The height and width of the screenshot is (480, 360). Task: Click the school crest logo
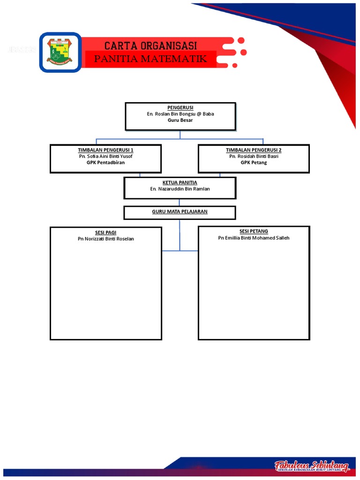[x=60, y=52]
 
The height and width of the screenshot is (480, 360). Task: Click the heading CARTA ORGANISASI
[x=150, y=45]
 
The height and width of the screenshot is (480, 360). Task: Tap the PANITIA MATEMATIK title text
[x=150, y=59]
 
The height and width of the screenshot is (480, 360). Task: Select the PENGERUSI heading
[x=180, y=108]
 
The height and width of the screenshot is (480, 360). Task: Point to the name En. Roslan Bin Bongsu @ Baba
[x=180, y=114]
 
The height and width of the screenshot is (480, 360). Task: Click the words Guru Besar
[x=180, y=120]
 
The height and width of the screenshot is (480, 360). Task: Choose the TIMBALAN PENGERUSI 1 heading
[x=105, y=150]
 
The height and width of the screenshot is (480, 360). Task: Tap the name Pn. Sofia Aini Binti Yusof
[x=105, y=156]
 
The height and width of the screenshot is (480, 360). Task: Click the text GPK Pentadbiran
[x=105, y=162]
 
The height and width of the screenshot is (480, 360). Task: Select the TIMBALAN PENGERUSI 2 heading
[x=254, y=150]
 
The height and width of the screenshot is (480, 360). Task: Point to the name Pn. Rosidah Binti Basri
[x=254, y=156]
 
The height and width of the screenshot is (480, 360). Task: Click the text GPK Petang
[x=254, y=162]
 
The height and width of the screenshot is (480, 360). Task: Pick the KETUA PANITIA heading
[x=180, y=182]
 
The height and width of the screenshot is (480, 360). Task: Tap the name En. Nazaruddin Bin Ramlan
[x=180, y=189]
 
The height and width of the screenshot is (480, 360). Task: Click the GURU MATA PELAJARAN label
[x=180, y=212]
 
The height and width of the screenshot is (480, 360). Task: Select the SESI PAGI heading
[x=105, y=232]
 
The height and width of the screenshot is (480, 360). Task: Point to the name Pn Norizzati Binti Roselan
[x=105, y=239]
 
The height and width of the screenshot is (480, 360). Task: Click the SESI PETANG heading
[x=254, y=232]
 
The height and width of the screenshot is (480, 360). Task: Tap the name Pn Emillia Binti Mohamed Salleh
[x=254, y=238]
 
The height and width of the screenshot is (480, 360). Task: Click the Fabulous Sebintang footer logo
[x=312, y=466]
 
